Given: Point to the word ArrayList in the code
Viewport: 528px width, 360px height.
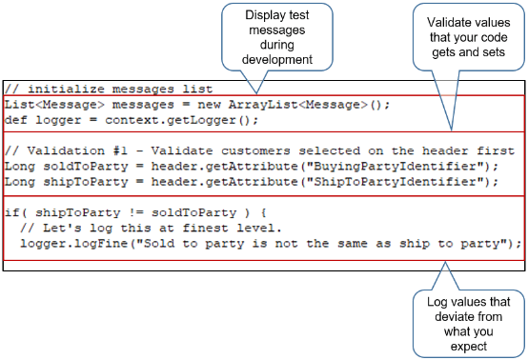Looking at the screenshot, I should [270, 104].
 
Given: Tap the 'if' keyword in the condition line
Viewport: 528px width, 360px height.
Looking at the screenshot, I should [11, 212].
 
